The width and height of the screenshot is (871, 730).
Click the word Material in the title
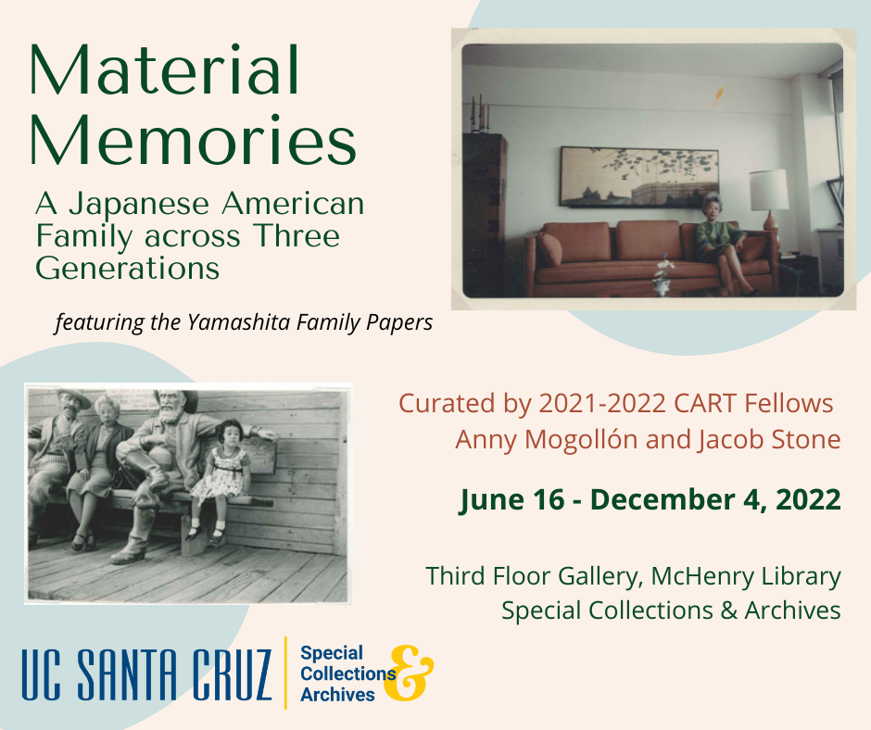coord(164,70)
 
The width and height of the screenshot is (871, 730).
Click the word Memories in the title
coord(193,139)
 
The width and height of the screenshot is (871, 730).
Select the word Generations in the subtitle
coord(128,269)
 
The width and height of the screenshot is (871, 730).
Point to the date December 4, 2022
coord(715,499)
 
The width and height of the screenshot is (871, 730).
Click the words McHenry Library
coord(746,575)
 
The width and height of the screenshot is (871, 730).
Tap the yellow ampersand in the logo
coord(409,673)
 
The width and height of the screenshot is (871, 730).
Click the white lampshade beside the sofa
coord(768,190)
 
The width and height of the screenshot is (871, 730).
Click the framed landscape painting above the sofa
coord(638,177)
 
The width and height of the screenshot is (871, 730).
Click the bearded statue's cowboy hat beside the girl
coord(177,396)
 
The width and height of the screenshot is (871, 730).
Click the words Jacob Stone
coord(769,439)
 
